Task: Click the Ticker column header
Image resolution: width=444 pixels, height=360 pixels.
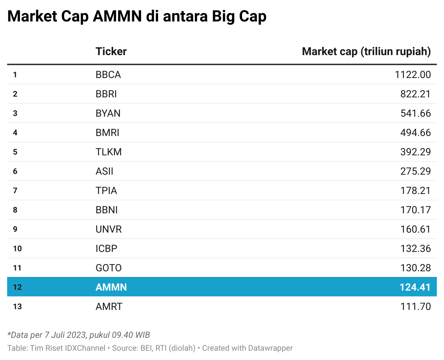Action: tap(111, 51)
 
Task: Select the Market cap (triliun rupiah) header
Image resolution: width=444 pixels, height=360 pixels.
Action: tap(366, 52)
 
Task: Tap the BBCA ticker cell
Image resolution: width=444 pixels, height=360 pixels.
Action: tap(108, 74)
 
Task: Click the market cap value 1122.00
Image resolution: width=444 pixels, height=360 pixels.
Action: tap(413, 74)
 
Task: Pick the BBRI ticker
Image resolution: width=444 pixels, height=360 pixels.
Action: tap(106, 94)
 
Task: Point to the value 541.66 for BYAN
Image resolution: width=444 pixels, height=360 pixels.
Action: tap(415, 113)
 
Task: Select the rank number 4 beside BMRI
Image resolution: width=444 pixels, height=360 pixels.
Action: tap(15, 132)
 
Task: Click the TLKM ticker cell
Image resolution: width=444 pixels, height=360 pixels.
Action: tap(108, 152)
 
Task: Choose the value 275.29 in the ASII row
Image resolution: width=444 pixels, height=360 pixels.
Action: tap(415, 171)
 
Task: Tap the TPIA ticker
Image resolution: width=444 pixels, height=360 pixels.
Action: tap(106, 191)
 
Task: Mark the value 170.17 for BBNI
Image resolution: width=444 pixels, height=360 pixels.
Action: tap(415, 210)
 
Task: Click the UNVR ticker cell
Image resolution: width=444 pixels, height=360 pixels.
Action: tap(108, 229)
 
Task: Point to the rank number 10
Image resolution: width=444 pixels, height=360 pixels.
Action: tap(17, 249)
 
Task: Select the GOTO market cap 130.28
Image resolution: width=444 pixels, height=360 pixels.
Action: tap(415, 268)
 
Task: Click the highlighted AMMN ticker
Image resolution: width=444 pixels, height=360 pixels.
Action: tap(111, 287)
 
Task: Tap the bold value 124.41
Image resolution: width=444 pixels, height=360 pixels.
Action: tap(415, 287)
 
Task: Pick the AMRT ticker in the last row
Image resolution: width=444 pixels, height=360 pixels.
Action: tap(109, 306)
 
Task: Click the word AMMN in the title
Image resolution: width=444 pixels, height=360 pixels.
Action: tap(117, 16)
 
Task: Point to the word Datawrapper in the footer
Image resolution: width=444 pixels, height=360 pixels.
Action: tap(270, 348)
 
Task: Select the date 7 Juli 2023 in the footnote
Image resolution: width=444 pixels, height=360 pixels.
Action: tap(65, 335)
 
